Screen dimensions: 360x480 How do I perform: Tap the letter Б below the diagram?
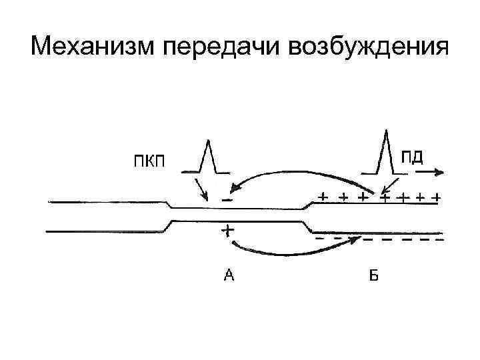(373, 275)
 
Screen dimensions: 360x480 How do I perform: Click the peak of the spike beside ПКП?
(209, 140)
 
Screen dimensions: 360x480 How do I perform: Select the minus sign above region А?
(227, 199)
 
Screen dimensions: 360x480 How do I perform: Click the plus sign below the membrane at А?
(227, 231)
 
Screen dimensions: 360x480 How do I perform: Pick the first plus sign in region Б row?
(323, 197)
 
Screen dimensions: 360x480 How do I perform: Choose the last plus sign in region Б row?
(436, 198)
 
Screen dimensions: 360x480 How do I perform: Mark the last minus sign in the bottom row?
(438, 239)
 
